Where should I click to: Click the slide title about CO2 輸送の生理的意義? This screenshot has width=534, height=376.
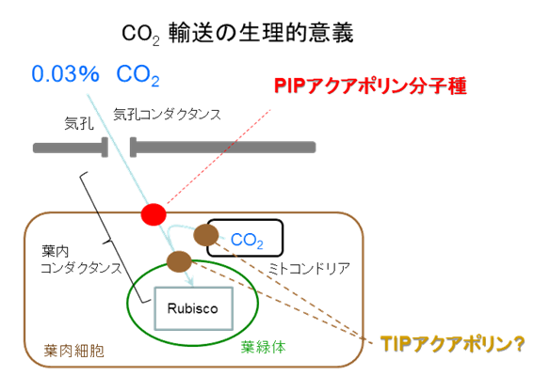coord(237,33)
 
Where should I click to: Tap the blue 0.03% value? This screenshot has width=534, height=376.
coord(65,73)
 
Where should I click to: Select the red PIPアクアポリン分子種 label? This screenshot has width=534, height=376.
coord(370,86)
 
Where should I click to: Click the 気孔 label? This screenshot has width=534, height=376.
coord(79,123)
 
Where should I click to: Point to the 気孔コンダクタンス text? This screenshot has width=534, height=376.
coord(167,115)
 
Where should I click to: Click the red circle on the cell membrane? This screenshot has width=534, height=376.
coord(154,214)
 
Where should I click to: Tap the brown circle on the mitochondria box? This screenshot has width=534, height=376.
coord(206,235)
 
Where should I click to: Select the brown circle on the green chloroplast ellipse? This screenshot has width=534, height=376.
coord(179,261)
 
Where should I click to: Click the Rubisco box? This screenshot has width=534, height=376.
coord(194,308)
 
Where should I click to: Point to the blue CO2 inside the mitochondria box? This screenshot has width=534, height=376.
coord(247,241)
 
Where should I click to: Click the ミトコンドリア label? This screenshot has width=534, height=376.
coord(309,269)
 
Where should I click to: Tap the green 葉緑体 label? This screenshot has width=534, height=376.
coord(263,347)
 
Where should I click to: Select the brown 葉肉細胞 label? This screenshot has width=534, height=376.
coord(73,351)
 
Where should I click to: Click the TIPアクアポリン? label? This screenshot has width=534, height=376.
coord(452,344)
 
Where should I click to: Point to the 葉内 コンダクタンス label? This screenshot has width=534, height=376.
coord(81,259)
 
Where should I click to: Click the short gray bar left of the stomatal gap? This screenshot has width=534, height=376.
coord(71,148)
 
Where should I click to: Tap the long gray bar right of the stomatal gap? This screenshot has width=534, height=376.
coord(222,148)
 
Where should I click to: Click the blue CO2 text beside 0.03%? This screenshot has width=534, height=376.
coord(138,74)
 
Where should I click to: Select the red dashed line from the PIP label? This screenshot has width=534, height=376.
coord(218,156)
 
